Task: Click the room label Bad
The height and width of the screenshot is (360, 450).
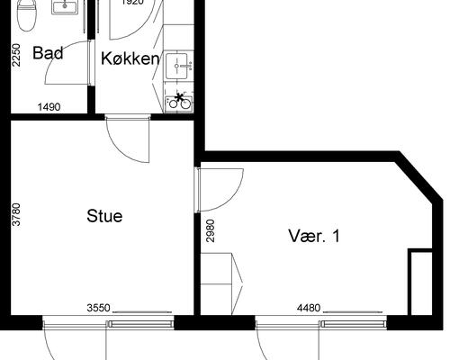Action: [48, 53]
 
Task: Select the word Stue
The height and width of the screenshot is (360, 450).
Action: [104, 216]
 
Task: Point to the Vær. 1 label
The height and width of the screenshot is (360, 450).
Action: [313, 237]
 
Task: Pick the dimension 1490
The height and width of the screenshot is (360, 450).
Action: [49, 107]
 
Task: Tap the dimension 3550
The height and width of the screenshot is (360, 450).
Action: [98, 308]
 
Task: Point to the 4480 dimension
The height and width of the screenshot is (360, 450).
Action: [308, 308]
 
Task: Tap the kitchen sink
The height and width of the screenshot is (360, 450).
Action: [180, 64]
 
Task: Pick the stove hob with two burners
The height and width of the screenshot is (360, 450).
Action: [179, 100]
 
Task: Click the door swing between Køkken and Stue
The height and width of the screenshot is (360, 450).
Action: [126, 139]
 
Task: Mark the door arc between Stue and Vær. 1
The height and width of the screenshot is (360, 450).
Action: [220, 189]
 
